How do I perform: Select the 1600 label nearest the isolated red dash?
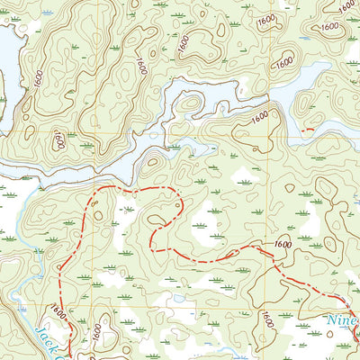click(x=260, y=117)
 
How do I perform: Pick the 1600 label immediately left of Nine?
click(x=266, y=319)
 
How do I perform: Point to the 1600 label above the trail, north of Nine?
click(x=283, y=244)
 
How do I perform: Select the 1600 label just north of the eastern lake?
click(x=284, y=62)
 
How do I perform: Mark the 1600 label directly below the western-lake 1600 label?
click(x=58, y=139)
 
